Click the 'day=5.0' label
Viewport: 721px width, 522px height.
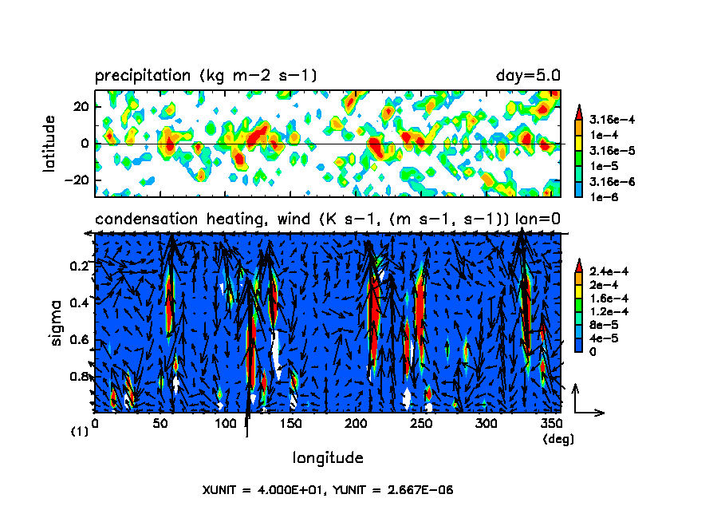coord(528,76)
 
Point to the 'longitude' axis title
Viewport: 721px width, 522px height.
coord(328,458)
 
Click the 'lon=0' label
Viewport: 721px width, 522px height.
coord(538,219)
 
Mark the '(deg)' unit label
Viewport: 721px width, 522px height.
coord(557,439)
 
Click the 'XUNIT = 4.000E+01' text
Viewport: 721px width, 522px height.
coord(261,490)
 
